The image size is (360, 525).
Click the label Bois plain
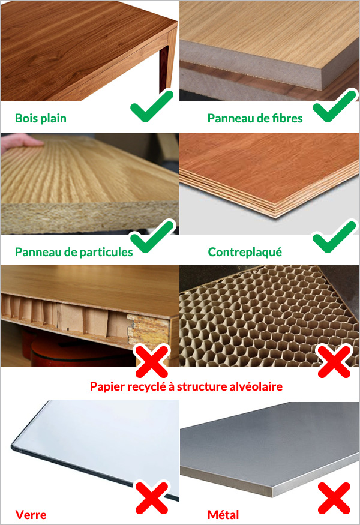tap(41, 118)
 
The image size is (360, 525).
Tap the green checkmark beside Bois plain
tap(152, 106)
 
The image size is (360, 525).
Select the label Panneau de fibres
tap(255, 118)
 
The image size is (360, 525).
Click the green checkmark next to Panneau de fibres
tap(335, 106)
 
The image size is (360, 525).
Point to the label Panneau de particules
tap(74, 252)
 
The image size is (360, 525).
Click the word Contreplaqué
tap(245, 252)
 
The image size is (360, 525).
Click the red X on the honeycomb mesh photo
tap(334, 361)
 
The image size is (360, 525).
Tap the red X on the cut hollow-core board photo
tap(152, 361)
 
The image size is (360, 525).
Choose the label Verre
tap(31, 515)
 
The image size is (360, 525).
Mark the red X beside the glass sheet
tap(152, 498)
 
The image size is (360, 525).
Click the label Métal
tap(223, 515)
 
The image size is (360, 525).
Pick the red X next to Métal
tap(334, 498)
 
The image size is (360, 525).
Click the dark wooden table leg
tap(163, 68)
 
